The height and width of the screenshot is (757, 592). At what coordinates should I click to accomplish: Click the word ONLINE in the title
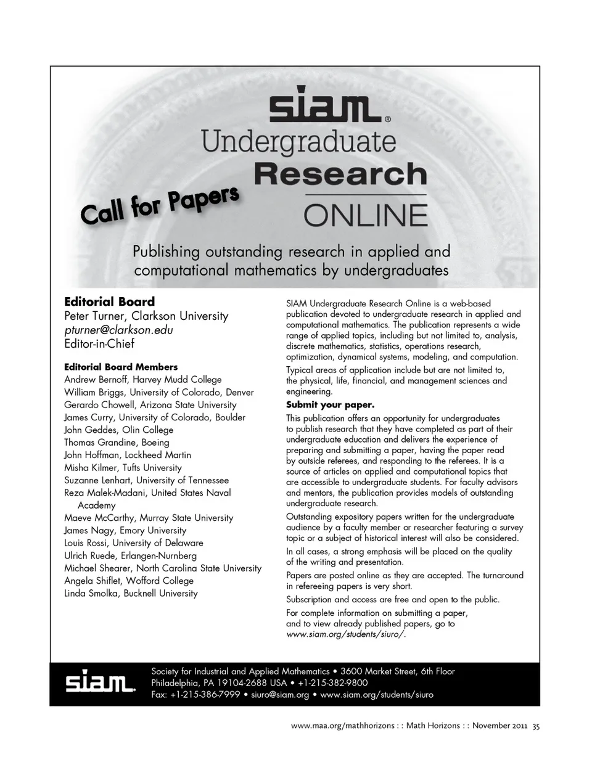pyautogui.click(x=364, y=215)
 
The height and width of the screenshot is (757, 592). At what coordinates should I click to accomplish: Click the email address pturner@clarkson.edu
pyautogui.click(x=118, y=330)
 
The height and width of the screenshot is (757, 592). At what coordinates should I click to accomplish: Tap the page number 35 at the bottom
pyautogui.click(x=536, y=727)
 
